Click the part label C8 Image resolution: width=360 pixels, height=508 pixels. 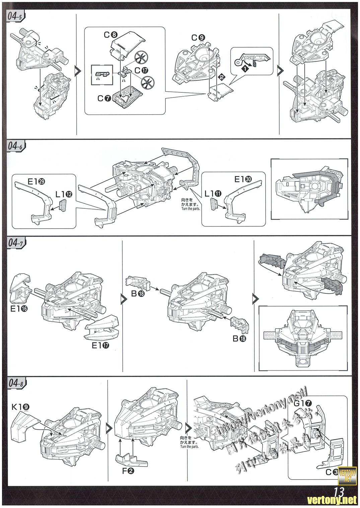point(110,34)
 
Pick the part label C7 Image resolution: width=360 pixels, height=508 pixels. point(103,98)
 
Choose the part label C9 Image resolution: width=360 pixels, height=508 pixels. point(198,38)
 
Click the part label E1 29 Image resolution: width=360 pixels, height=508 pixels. point(37,181)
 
